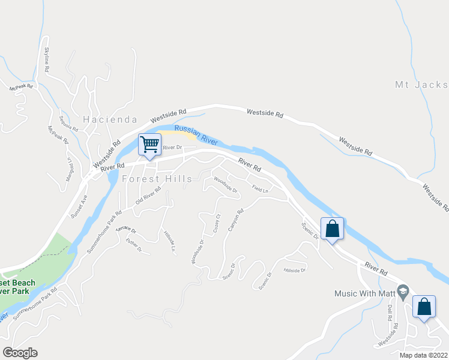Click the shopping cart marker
(149, 144)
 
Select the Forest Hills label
(157, 179)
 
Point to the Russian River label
(195, 134)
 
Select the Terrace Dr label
(126, 230)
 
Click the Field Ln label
(259, 190)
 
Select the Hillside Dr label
(295, 271)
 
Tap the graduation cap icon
(403, 290)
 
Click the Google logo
(20, 353)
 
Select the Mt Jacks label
(421, 85)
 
